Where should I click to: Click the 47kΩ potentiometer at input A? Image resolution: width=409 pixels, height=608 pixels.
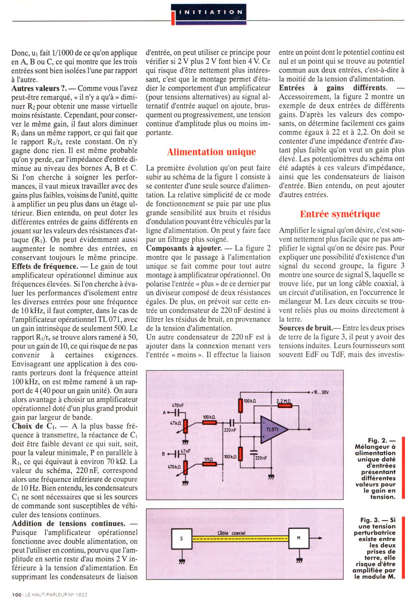[x=185, y=430]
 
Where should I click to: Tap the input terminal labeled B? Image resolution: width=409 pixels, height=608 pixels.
[x=164, y=454]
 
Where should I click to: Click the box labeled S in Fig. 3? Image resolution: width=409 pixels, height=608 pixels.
[x=181, y=538]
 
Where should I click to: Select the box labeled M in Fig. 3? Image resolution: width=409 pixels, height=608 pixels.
[x=298, y=538]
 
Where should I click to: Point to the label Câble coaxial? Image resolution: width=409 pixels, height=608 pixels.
[x=231, y=533]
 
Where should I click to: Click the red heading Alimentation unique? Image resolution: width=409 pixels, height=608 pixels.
[x=211, y=152]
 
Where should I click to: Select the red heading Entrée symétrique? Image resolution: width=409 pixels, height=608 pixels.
[x=340, y=214]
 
